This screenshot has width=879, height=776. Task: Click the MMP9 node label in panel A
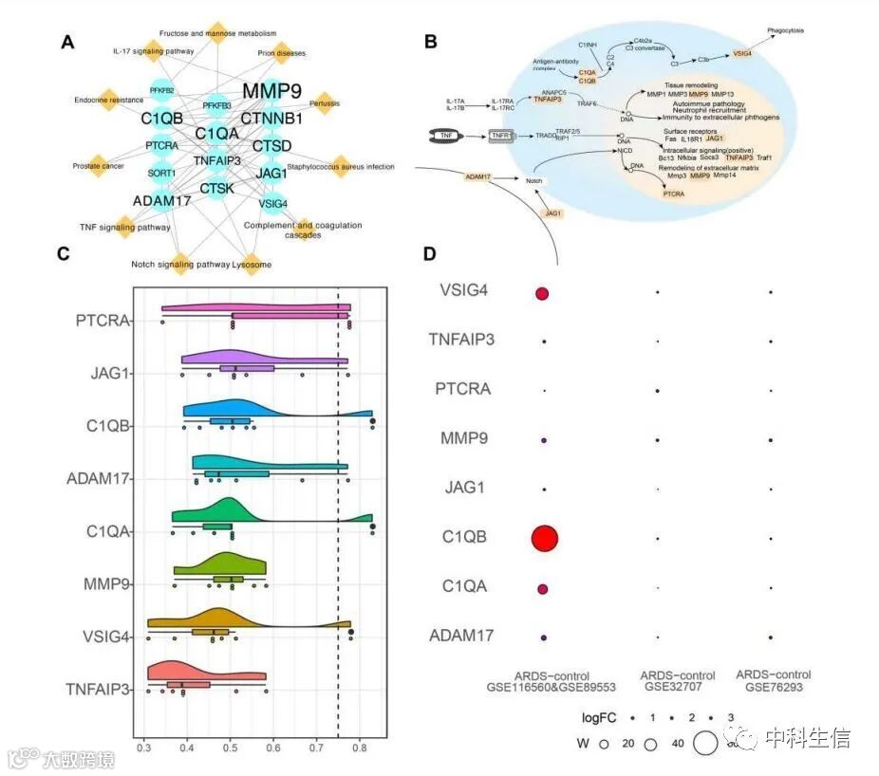tap(271, 91)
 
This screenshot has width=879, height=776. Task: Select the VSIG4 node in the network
tap(271, 200)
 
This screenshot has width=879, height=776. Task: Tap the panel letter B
tap(430, 41)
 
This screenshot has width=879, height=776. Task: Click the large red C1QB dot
tap(544, 538)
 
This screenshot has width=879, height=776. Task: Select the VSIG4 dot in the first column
tap(542, 294)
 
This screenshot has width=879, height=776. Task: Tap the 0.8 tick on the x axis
tap(360, 748)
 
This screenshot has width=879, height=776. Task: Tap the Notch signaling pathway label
tap(180, 264)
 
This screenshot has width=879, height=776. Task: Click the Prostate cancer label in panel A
tap(100, 167)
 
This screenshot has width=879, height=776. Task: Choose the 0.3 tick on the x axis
tap(144, 748)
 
